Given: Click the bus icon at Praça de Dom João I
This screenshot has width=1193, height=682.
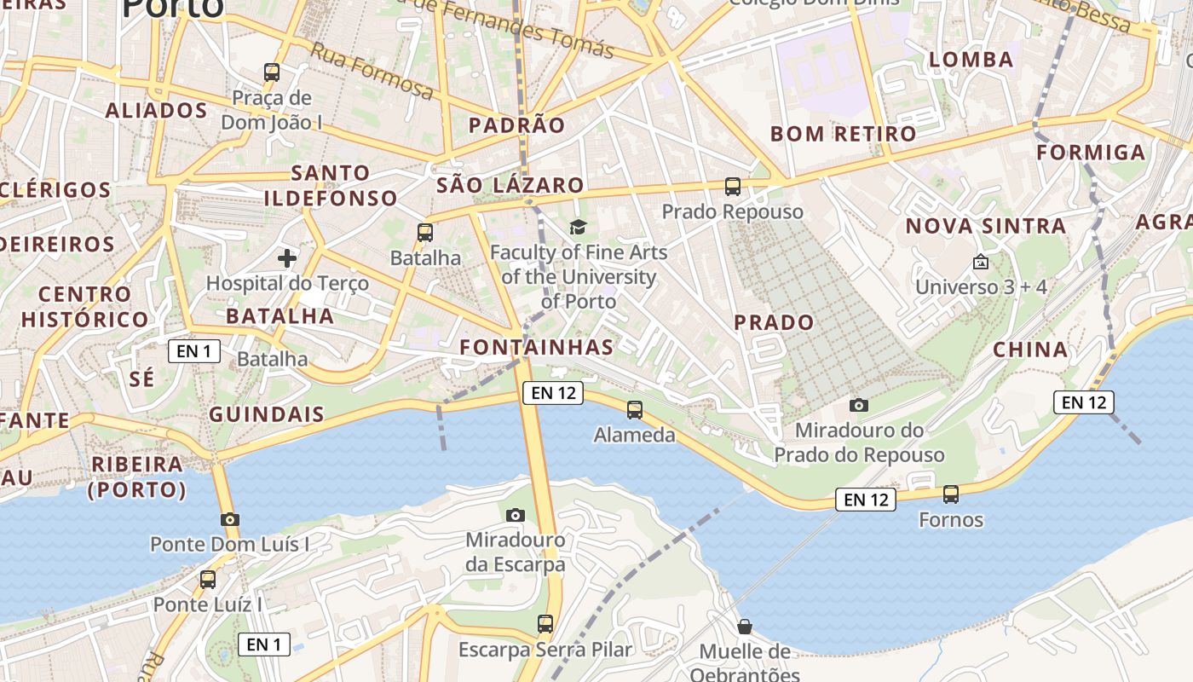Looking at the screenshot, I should (x=272, y=72).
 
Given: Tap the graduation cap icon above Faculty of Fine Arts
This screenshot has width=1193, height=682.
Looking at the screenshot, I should (x=579, y=227).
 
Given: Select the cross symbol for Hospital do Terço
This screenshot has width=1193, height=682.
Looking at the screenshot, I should (x=287, y=257).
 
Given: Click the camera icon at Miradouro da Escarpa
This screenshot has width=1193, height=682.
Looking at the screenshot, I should (x=515, y=515).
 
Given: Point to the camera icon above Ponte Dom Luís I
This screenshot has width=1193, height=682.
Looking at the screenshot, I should (x=229, y=519).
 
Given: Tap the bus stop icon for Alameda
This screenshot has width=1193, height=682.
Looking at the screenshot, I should (x=635, y=410).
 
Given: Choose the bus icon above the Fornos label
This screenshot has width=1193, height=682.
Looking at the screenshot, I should (x=951, y=494).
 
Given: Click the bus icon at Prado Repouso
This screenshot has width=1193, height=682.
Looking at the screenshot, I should (x=733, y=187).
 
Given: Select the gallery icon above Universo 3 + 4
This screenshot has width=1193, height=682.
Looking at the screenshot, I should (x=981, y=262).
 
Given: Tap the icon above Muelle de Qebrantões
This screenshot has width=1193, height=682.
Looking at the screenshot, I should (x=745, y=627).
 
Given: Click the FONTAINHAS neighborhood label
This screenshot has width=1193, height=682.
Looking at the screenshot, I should (x=536, y=347).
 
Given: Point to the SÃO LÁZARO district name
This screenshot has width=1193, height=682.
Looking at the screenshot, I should (x=510, y=185).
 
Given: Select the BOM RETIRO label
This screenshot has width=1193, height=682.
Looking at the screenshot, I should (x=843, y=134).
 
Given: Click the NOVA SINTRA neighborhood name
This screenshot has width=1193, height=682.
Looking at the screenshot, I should (x=985, y=226).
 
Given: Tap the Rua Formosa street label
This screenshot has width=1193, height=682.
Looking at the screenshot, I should (x=372, y=70).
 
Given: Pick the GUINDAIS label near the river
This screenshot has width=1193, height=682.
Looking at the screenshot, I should (x=267, y=415).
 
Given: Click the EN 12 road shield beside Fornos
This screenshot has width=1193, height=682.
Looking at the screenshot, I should (x=866, y=500).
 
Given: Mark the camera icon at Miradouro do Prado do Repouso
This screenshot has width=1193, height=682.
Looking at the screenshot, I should (x=859, y=405).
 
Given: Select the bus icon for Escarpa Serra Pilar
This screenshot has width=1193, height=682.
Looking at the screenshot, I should (x=545, y=624).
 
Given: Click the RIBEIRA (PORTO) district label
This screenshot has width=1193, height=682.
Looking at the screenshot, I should (x=136, y=477).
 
